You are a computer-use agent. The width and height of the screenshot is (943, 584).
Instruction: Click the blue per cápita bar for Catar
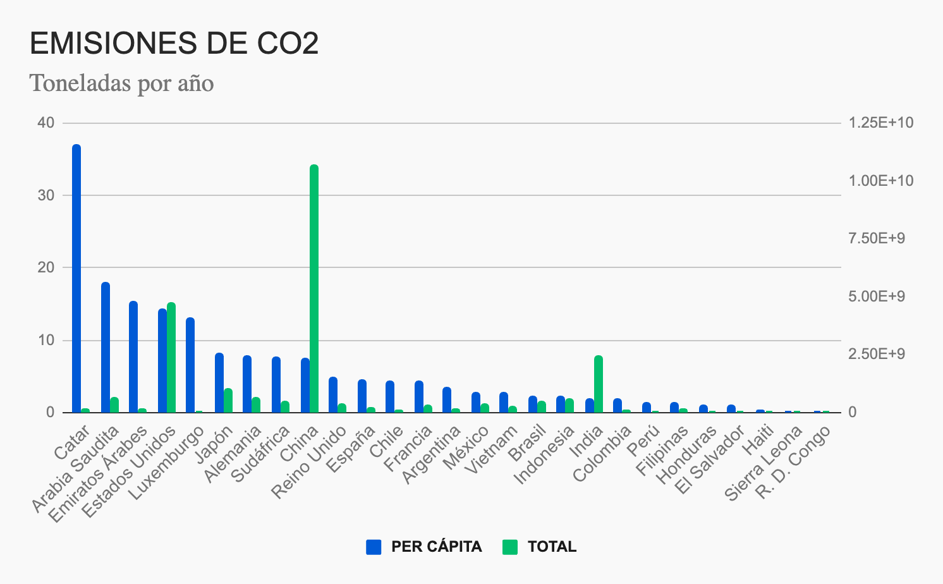coord(76,278)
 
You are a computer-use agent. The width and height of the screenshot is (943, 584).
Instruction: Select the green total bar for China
coord(314,288)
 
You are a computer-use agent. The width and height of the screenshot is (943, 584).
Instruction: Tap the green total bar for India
coord(599,384)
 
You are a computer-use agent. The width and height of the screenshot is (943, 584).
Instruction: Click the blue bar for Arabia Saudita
coord(106,347)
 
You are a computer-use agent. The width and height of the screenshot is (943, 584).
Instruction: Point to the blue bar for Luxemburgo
coord(190,365)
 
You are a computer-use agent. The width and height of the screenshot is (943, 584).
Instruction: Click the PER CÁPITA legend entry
coord(424,547)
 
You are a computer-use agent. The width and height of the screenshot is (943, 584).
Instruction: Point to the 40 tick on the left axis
coord(46,123)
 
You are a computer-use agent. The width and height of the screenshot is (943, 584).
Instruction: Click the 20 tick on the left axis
coord(46,267)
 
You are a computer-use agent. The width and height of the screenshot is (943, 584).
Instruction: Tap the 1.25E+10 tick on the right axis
coord(881,123)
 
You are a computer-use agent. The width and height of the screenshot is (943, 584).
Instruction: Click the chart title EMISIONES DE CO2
coord(174,44)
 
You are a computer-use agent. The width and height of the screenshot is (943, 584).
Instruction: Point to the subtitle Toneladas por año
coord(122,83)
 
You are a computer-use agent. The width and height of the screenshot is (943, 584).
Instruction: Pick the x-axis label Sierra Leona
coord(763,465)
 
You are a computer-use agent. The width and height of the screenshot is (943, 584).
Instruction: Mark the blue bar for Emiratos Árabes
coord(133,356)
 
